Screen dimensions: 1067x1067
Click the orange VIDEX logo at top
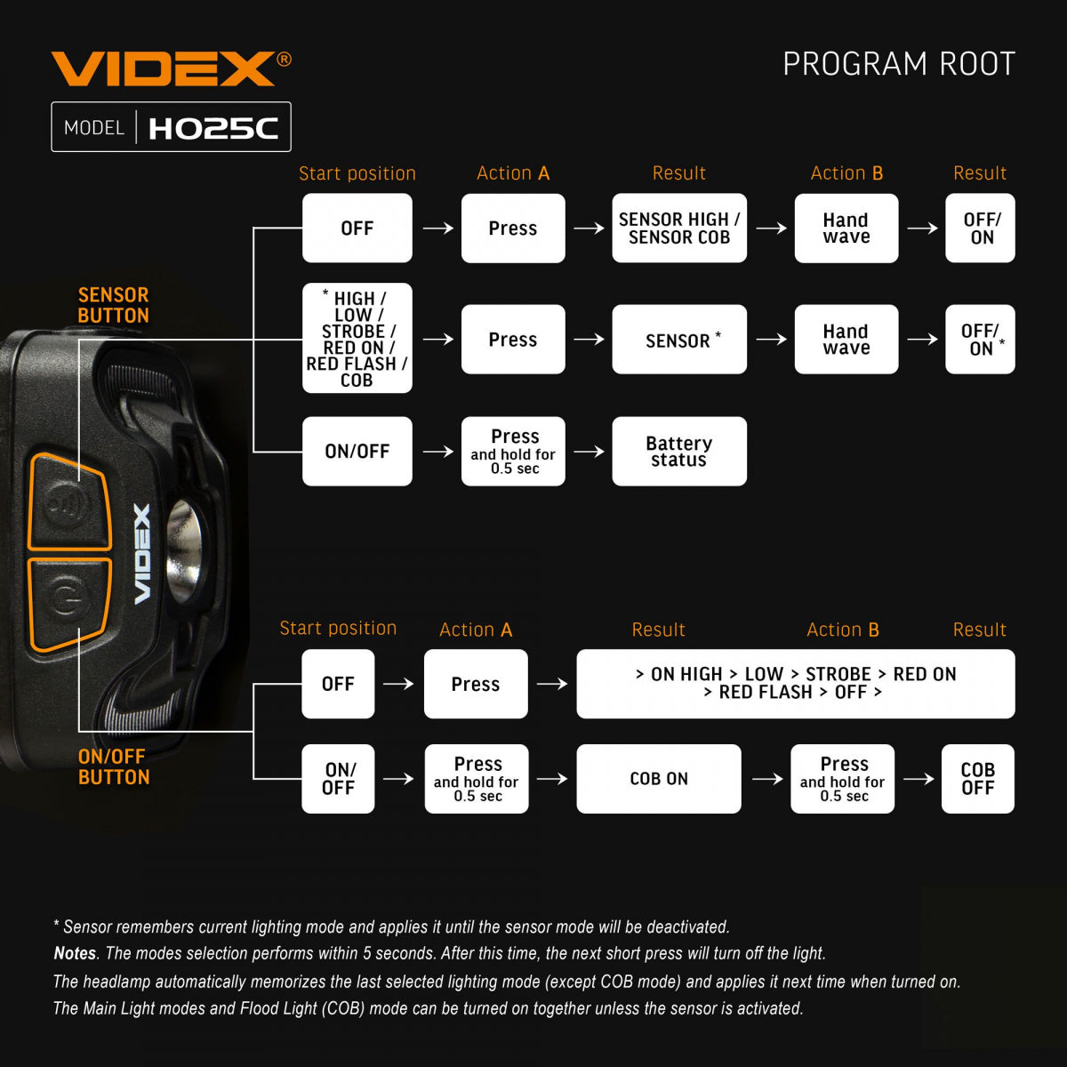tap(164, 69)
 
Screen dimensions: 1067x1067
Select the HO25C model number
tap(213, 128)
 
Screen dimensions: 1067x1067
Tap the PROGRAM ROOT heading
tap(898, 64)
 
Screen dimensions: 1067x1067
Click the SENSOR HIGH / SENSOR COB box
tap(679, 229)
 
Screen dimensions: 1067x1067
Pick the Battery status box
tap(679, 452)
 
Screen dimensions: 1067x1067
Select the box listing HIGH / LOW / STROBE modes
tap(357, 339)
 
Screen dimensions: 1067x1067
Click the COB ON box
tap(659, 779)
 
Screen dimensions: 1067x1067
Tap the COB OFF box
tap(977, 779)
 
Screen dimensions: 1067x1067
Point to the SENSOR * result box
tap(679, 340)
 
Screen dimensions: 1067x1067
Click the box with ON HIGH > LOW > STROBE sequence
tap(795, 684)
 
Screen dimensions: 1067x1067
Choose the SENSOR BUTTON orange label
tap(113, 305)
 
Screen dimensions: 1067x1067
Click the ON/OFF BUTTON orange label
tap(113, 766)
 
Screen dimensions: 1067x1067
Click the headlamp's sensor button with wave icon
tap(66, 502)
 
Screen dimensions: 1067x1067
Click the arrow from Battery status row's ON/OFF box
tap(437, 452)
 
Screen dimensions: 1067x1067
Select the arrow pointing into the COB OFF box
tap(919, 779)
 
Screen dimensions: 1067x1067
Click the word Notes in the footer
tap(75, 953)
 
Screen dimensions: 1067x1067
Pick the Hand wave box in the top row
tap(846, 229)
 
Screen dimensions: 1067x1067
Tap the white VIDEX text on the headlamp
tap(142, 554)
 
